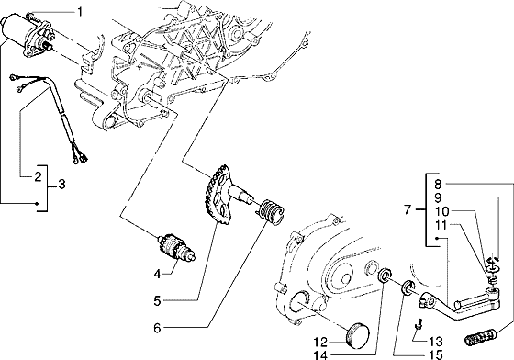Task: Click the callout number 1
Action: [x=80, y=13]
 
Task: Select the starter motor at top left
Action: [x=27, y=33]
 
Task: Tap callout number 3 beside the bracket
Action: [x=61, y=185]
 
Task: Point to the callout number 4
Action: [x=158, y=274]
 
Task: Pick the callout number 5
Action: [x=158, y=300]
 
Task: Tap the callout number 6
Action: [x=158, y=328]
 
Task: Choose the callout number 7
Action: [x=408, y=209]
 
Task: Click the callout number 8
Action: [x=439, y=185]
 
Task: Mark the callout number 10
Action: [x=441, y=211]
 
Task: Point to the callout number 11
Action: [x=441, y=225]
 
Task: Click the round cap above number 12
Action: [x=357, y=334]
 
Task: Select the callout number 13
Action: [x=436, y=342]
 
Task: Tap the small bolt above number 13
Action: [x=419, y=323]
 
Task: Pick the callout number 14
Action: [x=320, y=354]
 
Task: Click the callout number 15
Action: [x=436, y=354]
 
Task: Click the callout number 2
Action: [x=38, y=176]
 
